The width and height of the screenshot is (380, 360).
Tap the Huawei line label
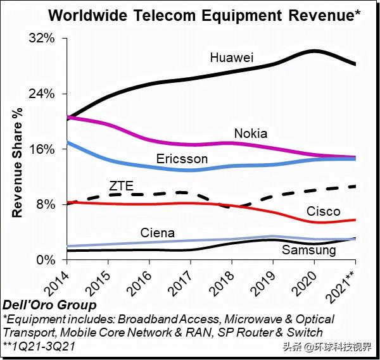232,58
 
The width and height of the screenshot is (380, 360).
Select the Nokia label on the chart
251,133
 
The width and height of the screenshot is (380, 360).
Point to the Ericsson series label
182,159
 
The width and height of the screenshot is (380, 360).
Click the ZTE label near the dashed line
121,186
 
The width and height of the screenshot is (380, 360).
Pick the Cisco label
324,211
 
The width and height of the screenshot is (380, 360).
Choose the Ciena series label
158,233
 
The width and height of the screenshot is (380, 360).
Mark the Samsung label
308,250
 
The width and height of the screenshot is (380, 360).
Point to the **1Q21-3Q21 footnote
42,345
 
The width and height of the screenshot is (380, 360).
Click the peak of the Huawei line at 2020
315,51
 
